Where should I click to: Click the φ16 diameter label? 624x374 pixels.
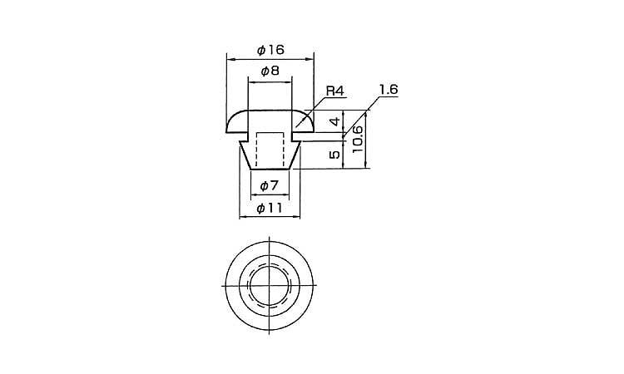coord(270,50)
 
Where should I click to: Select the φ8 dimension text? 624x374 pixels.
coord(270,71)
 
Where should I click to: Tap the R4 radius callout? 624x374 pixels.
coord(334,91)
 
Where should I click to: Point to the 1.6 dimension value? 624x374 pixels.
coord(389,90)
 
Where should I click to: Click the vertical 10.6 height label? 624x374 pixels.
coord(357,139)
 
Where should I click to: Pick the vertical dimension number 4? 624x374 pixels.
coord(336,121)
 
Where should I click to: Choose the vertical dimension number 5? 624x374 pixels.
coord(335,154)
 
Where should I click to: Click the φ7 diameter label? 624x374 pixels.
coord(269,185)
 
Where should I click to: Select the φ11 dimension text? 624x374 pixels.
coord(270,208)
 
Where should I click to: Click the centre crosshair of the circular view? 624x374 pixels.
coord(270,285)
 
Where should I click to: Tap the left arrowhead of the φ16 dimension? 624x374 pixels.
coord(230,59)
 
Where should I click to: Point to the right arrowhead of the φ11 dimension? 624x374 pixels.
coord(296,217)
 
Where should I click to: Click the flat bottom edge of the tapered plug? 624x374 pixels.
coord(270,169)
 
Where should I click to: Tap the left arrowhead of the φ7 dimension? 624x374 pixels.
coord(255,194)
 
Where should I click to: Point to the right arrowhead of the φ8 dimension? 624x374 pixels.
coord(289,82)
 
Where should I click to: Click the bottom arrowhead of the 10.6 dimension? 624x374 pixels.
coord(366,165)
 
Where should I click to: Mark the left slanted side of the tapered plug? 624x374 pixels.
coord(245,155)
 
